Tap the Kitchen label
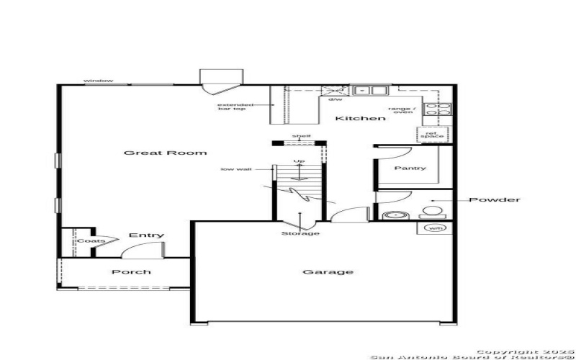coord(360,118)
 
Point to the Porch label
coord(131,271)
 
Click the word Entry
coord(146,235)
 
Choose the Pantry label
coord(410,168)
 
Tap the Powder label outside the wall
coord(494,199)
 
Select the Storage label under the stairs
coord(300,233)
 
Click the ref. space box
coord(432,134)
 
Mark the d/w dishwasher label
coord(336,99)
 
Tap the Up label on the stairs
coord(298,161)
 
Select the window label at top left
coord(98,81)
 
